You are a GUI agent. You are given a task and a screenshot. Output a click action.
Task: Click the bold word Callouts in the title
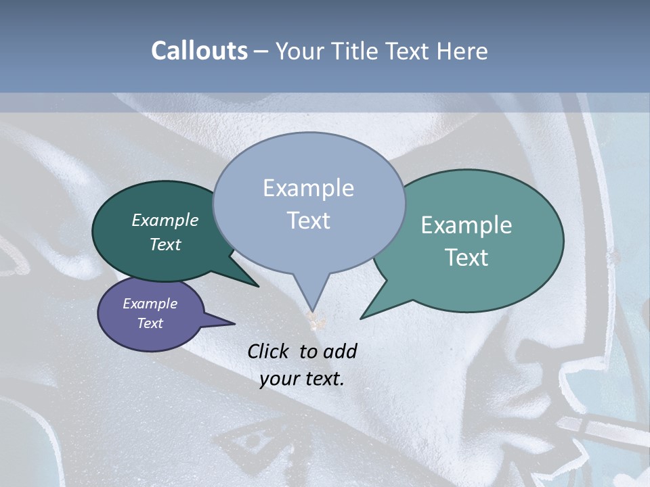pos(199,51)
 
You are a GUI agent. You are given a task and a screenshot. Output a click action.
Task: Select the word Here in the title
pos(462,51)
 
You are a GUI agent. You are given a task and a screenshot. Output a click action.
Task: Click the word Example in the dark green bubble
pos(165,220)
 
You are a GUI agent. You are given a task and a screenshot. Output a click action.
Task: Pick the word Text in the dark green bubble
pos(165,244)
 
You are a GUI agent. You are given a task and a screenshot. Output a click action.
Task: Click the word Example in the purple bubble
pos(150,304)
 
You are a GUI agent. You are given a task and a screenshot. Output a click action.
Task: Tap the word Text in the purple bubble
pos(150,323)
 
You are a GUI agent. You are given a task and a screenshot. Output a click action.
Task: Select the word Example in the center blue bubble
pos(308,188)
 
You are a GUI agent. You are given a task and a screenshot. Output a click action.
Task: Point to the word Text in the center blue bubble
pos(308,221)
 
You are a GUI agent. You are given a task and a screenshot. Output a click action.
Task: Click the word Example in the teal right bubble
pos(467,225)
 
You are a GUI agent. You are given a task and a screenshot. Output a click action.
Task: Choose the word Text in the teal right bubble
pos(467,258)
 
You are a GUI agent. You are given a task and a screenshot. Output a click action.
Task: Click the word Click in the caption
pos(271,351)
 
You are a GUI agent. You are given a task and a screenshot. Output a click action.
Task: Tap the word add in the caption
pos(341,351)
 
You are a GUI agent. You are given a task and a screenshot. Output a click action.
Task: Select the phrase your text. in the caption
pos(302,379)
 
